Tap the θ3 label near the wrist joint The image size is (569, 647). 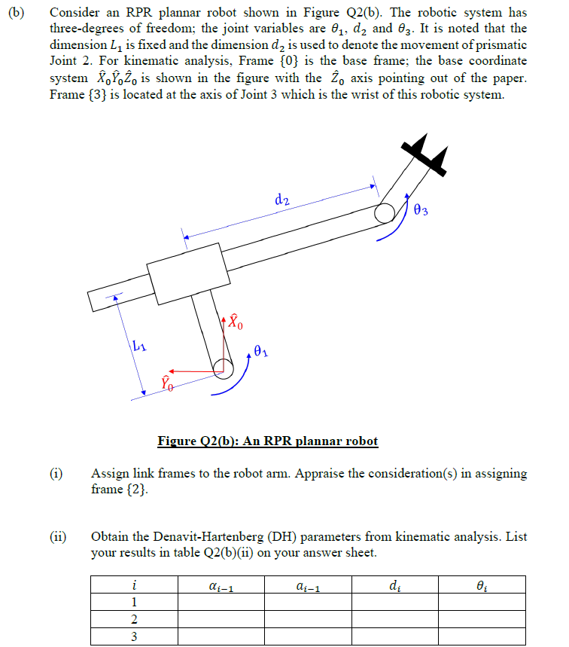pyautogui.click(x=421, y=209)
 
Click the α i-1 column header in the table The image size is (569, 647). pyautogui.click(x=219, y=584)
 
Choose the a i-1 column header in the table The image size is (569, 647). pyautogui.click(x=306, y=584)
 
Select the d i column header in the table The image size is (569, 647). pyautogui.click(x=394, y=584)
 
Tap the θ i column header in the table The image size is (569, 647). pyautogui.click(x=480, y=584)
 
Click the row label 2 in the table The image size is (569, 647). pyautogui.click(x=134, y=619)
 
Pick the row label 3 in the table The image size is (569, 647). pyautogui.click(x=134, y=636)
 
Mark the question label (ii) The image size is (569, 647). pyautogui.click(x=58, y=537)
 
